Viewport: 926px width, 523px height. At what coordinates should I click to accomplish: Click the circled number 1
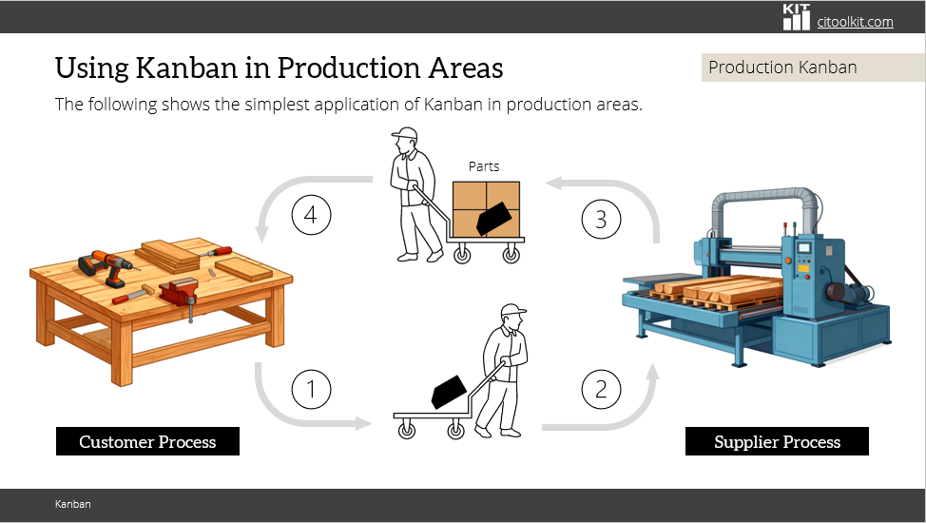311,389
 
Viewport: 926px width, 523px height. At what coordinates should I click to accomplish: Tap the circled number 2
601,389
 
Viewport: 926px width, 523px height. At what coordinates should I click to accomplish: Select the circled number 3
601,220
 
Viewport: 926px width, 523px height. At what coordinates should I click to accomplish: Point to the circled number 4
311,215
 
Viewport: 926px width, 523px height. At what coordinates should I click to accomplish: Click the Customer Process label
147,441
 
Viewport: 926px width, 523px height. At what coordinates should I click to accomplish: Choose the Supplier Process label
777,441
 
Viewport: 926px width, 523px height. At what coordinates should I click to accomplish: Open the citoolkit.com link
855,22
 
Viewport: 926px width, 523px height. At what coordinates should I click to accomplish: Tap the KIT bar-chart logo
796,16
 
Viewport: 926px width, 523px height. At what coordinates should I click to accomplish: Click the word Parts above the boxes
484,166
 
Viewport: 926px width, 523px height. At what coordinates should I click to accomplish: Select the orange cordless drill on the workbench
106,266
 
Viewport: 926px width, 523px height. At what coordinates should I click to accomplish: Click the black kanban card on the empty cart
449,392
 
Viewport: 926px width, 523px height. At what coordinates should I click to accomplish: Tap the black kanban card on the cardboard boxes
493,219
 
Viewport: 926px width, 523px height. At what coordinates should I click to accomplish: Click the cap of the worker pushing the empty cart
512,310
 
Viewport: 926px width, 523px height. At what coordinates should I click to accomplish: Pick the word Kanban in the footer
72,504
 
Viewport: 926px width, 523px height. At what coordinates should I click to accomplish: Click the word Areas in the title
466,68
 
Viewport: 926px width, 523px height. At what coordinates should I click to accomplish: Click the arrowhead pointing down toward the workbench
262,235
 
